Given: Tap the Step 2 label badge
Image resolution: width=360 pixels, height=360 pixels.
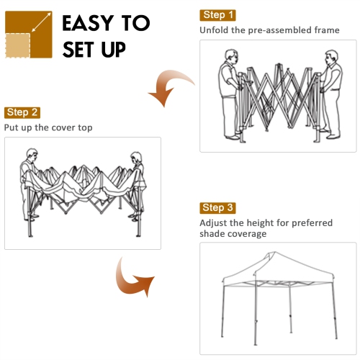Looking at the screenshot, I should [22, 112].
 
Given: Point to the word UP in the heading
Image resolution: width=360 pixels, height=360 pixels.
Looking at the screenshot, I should [109, 50].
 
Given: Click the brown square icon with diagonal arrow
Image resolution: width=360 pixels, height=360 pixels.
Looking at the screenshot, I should [28, 34].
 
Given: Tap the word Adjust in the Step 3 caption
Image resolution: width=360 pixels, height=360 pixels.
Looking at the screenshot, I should [214, 223].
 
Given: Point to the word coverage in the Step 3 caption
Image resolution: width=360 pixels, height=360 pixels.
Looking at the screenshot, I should [246, 234].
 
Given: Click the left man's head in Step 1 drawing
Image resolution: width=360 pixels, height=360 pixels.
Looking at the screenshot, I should [230, 56].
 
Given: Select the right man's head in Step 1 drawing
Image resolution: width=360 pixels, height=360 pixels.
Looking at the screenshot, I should [330, 56].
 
